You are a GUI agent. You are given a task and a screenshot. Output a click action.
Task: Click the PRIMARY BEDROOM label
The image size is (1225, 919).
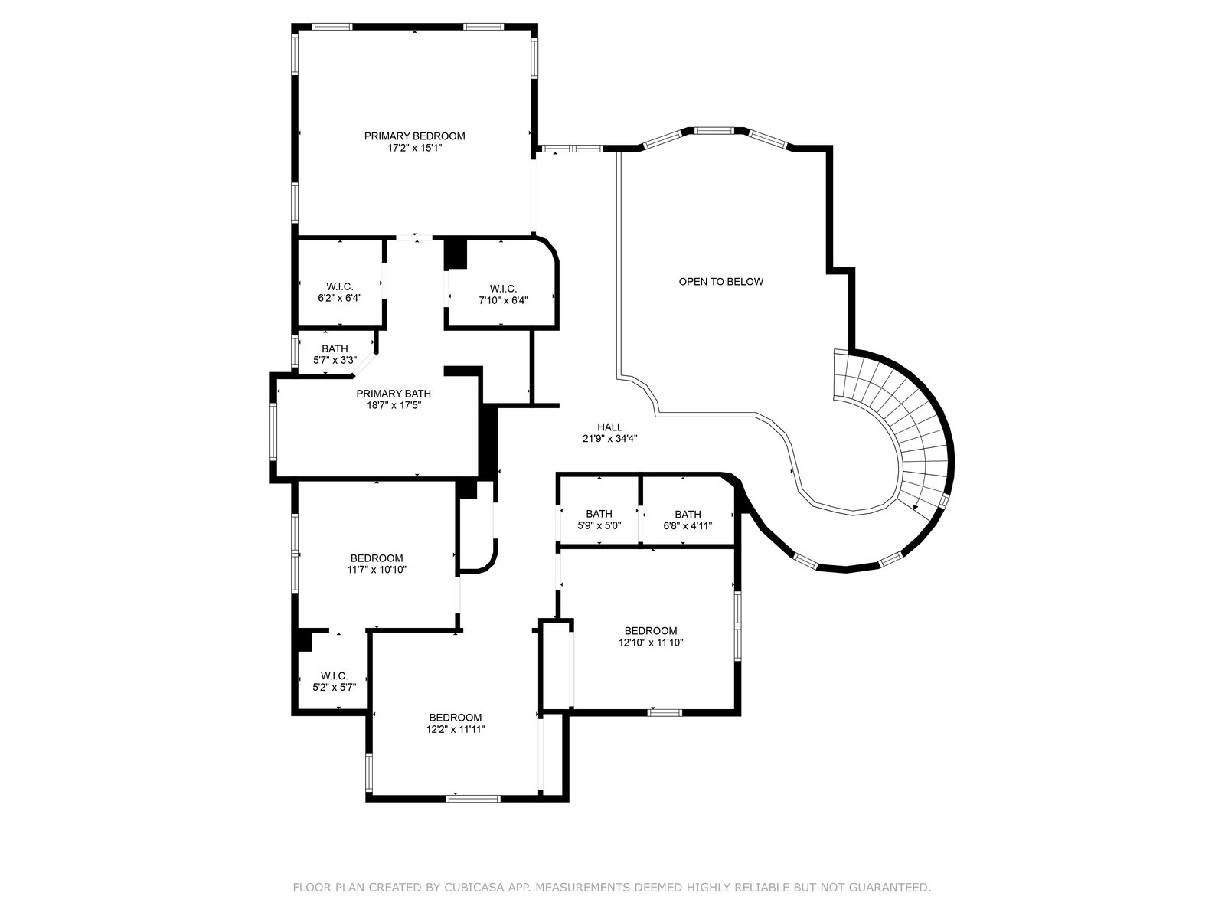414,136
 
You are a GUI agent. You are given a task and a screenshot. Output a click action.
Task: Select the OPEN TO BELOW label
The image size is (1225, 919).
720,282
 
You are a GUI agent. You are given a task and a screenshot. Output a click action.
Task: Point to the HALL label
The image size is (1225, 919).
609,427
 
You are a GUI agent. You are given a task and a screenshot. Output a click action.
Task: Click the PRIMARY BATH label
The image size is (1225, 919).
394,394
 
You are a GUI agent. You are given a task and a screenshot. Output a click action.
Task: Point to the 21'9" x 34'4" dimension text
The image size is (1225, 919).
610,439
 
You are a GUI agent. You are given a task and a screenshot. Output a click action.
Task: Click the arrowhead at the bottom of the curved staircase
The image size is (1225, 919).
916,507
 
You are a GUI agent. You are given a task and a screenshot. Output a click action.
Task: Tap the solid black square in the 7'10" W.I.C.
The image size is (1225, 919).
456,254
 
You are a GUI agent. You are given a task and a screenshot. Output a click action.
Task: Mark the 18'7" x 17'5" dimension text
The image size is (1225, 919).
394,406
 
